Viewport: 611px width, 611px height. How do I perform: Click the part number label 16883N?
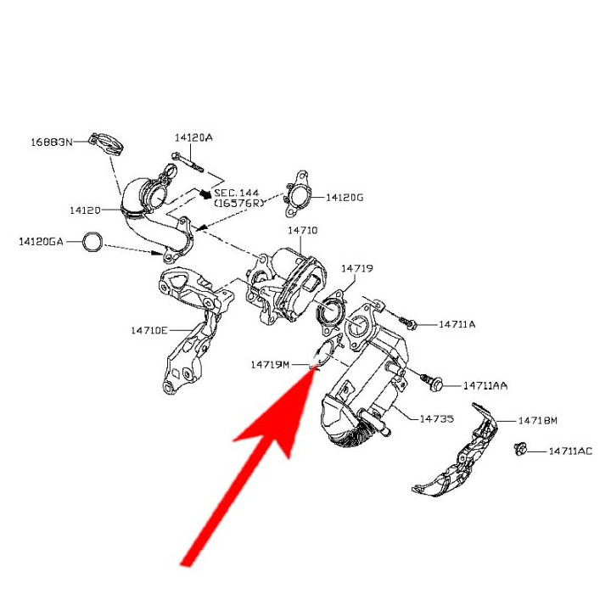tap(52, 142)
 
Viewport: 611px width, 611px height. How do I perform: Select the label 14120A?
tap(193, 137)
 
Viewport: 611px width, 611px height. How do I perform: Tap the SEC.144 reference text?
tap(237, 193)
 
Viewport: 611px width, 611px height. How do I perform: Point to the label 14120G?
tap(345, 198)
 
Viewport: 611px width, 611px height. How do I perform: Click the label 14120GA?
tap(41, 242)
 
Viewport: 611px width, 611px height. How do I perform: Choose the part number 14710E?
tap(149, 330)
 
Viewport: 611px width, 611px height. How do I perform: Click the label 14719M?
tap(270, 365)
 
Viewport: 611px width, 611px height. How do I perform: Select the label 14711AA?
tap(485, 386)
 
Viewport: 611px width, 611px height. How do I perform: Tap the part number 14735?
tap(436, 419)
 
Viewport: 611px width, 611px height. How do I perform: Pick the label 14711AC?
tap(570, 451)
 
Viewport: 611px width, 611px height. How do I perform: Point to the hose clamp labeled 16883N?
tap(107, 143)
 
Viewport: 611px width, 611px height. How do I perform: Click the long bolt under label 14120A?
tap(188, 162)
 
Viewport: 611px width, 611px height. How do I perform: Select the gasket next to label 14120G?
tap(298, 193)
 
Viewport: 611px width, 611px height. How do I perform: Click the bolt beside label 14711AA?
tap(432, 382)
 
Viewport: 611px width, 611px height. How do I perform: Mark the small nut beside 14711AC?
tap(519, 449)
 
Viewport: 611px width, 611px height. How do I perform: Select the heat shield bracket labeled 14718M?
tap(456, 452)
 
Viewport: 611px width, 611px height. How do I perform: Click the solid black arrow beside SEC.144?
tap(205, 193)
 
